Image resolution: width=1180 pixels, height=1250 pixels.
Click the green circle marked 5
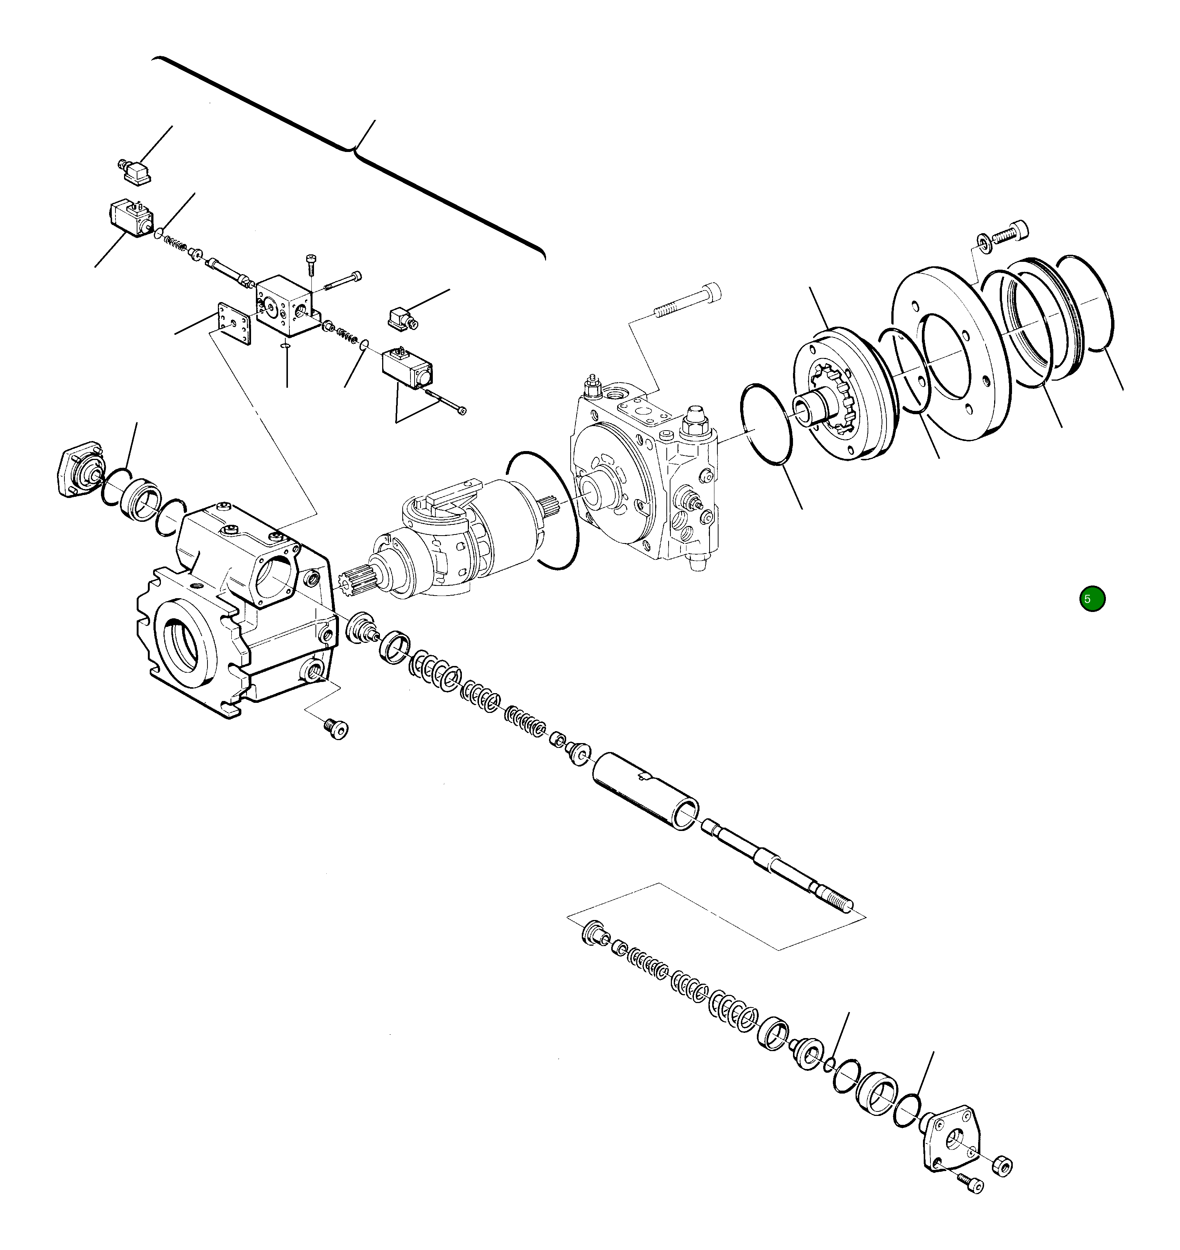tap(1092, 599)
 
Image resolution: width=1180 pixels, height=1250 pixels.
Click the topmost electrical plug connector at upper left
tap(135, 172)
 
